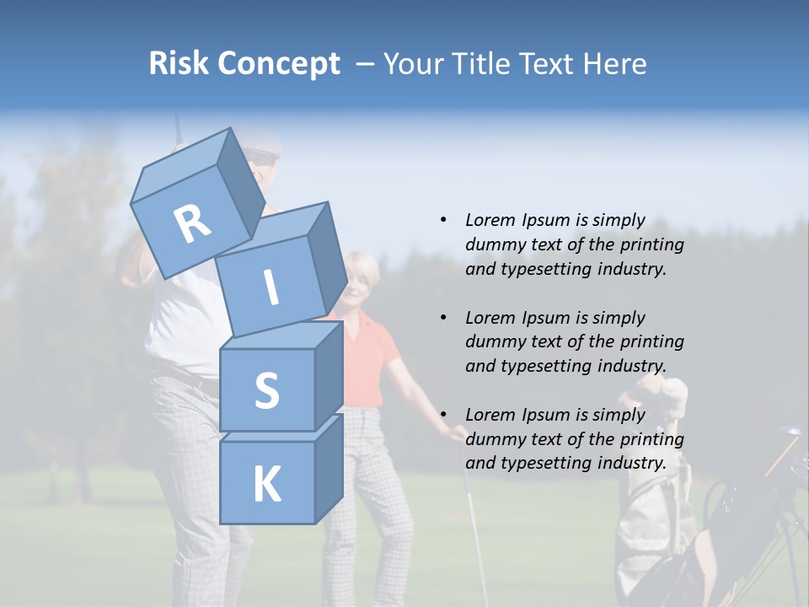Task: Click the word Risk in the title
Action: [179, 64]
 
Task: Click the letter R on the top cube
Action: [192, 224]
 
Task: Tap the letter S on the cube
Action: [266, 391]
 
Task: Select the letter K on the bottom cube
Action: [266, 485]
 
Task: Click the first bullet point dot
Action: [443, 220]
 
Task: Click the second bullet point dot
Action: [443, 318]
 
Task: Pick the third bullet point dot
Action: [443, 415]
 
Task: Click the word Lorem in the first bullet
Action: [490, 220]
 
